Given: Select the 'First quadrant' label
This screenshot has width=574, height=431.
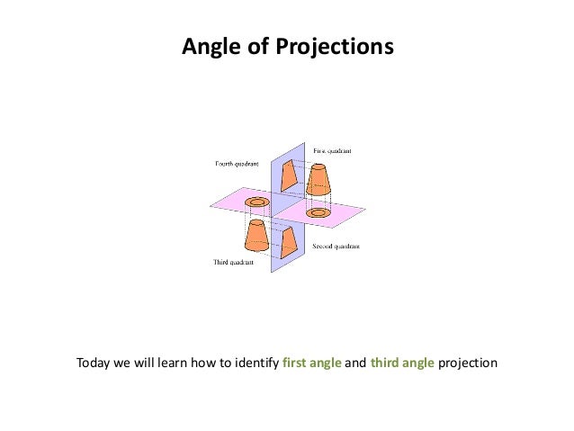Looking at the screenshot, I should click(333, 150).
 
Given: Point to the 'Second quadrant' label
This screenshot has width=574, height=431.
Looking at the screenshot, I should click(336, 246).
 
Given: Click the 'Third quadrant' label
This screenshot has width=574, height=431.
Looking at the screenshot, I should click(232, 263).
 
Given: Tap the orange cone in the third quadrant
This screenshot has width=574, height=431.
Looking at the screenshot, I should click(256, 235).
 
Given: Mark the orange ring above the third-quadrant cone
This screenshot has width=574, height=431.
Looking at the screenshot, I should click(257, 202).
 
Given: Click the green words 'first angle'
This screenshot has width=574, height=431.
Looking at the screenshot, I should click(311, 364).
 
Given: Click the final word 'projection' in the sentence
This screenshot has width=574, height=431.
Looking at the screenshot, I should click(468, 364).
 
